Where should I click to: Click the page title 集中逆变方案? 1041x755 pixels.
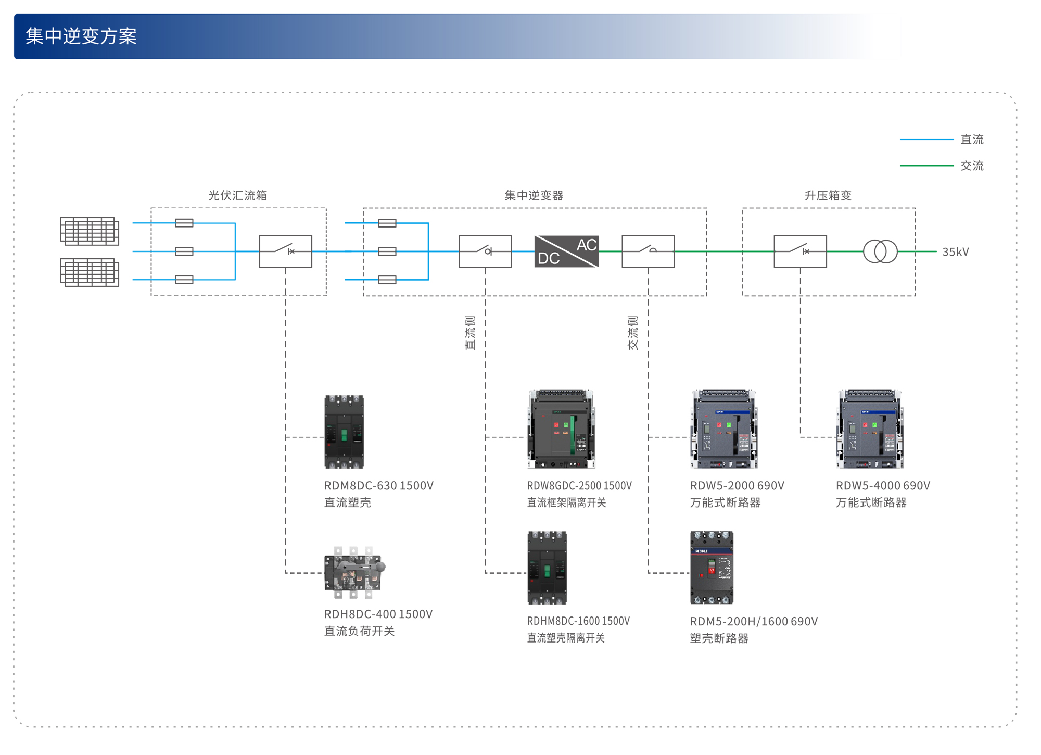81,36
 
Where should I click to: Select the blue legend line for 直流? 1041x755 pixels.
926,140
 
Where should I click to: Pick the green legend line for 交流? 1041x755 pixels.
926,166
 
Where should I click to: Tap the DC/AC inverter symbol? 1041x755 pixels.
566,251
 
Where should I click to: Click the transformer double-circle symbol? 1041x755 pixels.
880,251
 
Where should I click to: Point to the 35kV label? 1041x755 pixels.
955,252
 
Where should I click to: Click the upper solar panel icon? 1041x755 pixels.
90,231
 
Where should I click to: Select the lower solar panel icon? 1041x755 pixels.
90,272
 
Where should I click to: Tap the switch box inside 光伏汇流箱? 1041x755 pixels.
285,251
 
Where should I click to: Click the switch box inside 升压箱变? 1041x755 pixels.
800,251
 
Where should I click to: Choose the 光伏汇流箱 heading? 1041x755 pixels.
238,195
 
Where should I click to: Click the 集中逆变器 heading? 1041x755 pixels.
534,195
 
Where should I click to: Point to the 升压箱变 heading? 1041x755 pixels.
828,195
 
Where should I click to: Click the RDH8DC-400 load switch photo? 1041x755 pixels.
354,572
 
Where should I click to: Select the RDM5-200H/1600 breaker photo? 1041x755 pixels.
712,568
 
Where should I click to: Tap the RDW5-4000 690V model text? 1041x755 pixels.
883,485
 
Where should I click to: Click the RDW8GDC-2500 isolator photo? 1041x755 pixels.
561,430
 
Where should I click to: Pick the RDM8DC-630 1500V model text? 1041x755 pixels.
379,485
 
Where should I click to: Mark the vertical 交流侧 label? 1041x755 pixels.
633,333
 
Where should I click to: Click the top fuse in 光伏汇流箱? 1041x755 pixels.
184,223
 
